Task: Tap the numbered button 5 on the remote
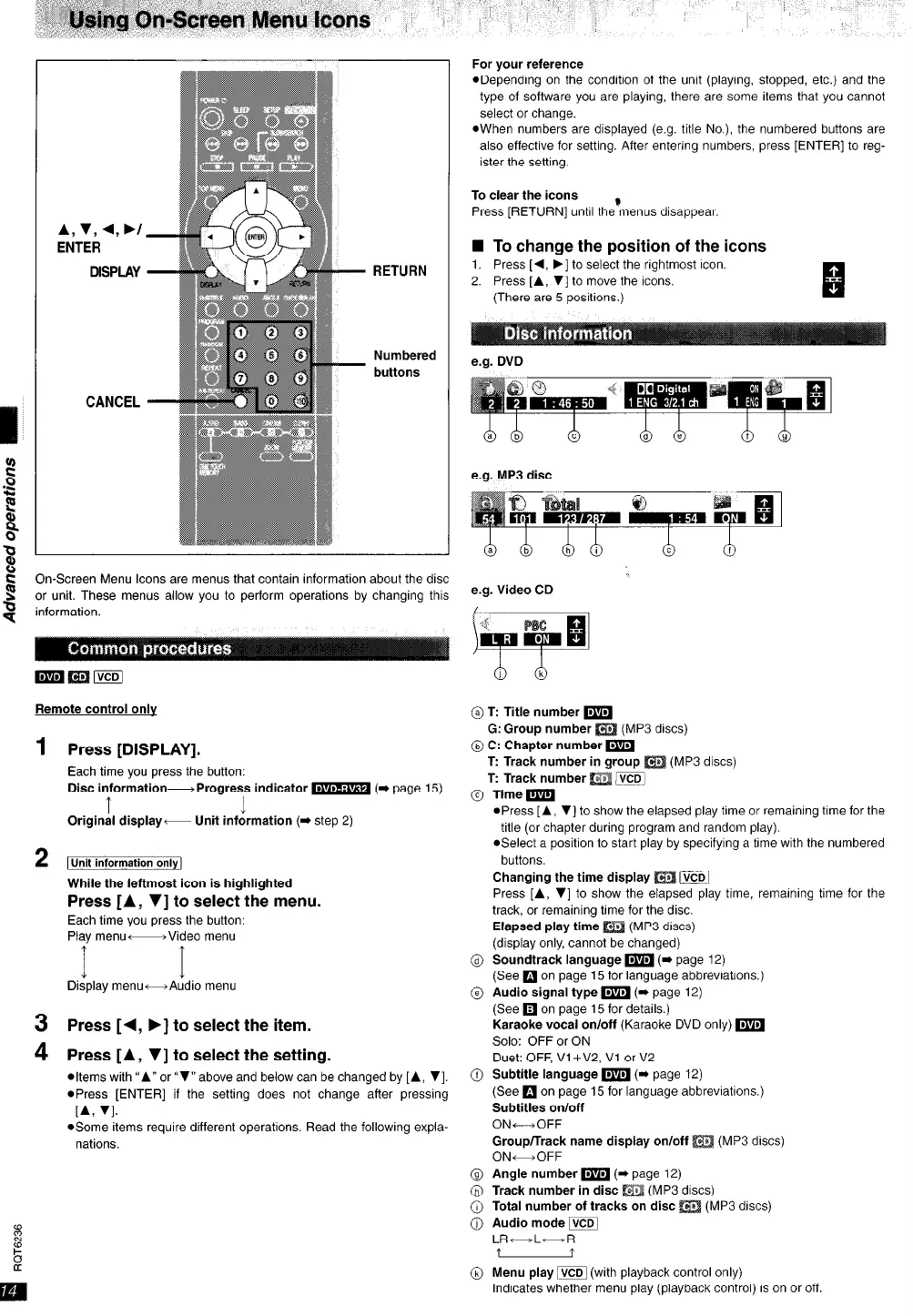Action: [270, 355]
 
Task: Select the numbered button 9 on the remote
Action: [300, 378]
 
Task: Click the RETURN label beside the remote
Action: [399, 271]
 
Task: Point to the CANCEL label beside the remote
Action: [113, 401]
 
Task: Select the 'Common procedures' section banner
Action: [150, 649]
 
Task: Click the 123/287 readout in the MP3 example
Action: [582, 519]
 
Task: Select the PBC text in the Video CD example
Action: [535, 624]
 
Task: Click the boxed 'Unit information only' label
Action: [125, 863]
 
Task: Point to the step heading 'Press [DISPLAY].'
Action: [134, 750]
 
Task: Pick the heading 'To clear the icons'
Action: [524, 195]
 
